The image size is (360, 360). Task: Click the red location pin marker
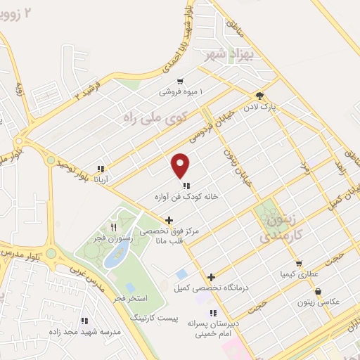(x=181, y=165)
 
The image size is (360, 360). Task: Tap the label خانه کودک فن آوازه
(x=187, y=198)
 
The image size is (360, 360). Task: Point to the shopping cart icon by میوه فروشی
(x=181, y=81)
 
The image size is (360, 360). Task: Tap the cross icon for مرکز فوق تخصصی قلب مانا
(x=168, y=220)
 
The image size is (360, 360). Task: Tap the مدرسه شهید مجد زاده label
(x=84, y=330)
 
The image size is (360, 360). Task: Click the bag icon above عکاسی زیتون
(x=319, y=290)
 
